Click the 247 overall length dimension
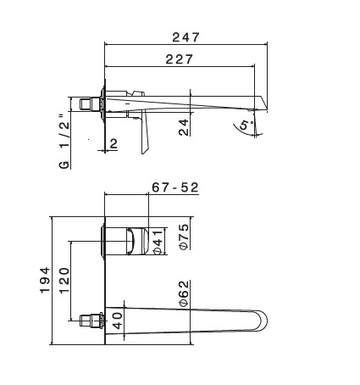point(186,37)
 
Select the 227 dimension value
point(179,59)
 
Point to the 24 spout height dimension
point(184,127)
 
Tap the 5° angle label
point(246,125)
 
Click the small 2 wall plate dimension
point(114,144)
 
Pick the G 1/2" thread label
point(64,142)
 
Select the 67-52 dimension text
point(175,187)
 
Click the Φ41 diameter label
point(158,242)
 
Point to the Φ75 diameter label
point(184,237)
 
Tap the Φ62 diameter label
point(184,293)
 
